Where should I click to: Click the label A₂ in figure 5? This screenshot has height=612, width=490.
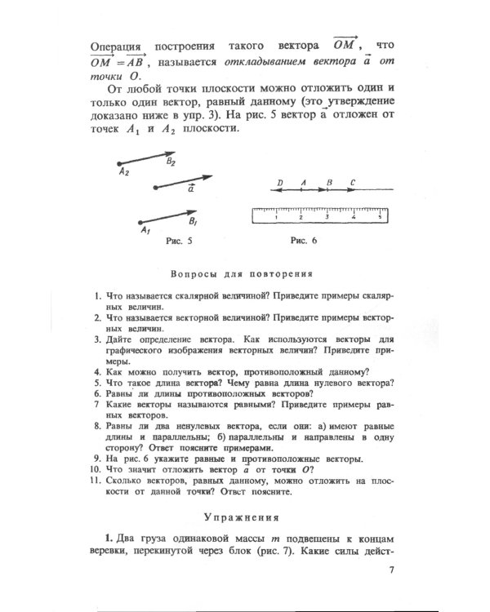pyautogui.click(x=122, y=173)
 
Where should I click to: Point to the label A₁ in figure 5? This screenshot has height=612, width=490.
pyautogui.click(x=144, y=231)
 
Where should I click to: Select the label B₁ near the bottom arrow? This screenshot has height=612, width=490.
pyautogui.click(x=192, y=221)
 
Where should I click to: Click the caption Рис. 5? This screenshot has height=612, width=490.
pyautogui.click(x=179, y=243)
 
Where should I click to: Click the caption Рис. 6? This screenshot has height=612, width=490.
pyautogui.click(x=303, y=242)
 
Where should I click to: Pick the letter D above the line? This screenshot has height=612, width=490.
pyautogui.click(x=280, y=183)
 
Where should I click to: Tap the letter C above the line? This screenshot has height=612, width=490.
pyautogui.click(x=352, y=183)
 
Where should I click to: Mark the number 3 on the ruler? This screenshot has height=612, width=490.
pyautogui.click(x=327, y=218)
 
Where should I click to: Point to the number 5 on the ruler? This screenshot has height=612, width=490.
pyautogui.click(x=379, y=218)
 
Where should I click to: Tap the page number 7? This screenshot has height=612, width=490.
pyautogui.click(x=392, y=570)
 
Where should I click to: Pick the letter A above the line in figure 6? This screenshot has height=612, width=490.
pyautogui.click(x=303, y=183)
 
